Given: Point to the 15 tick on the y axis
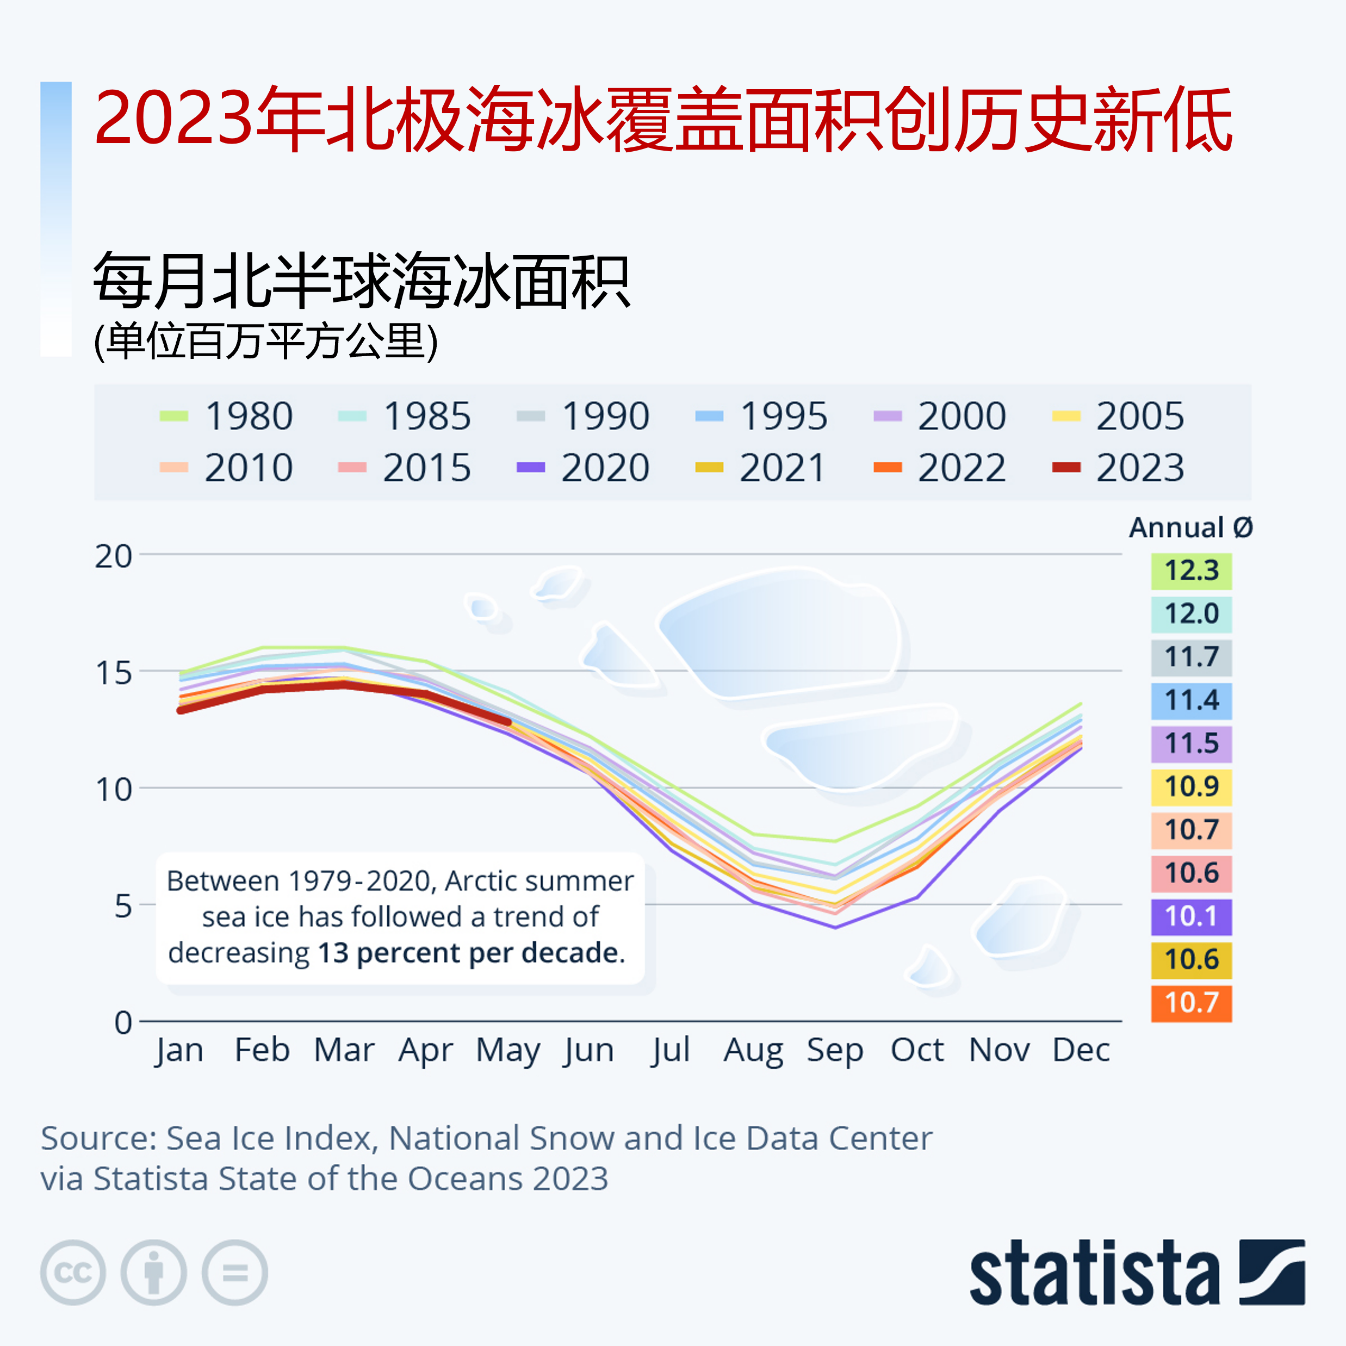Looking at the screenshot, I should [x=113, y=672].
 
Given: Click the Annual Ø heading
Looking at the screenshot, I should [x=1190, y=528].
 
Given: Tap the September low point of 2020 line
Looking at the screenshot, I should [x=835, y=927].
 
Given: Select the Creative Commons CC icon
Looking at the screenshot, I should [x=73, y=1272].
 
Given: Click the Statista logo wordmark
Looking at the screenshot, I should [x=1094, y=1272].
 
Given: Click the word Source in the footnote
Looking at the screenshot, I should [x=97, y=1138].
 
